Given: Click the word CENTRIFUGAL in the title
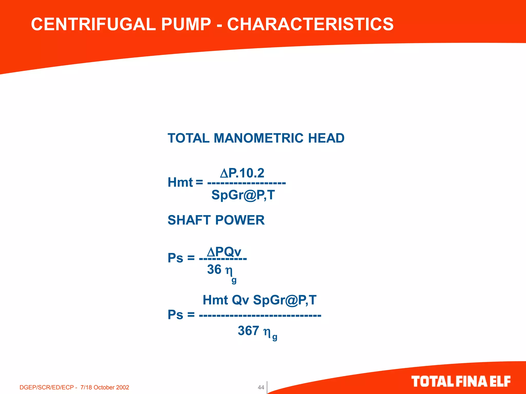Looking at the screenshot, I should click(93, 24).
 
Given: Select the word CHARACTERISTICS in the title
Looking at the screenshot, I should click(310, 24).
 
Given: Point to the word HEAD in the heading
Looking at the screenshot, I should click(326, 138).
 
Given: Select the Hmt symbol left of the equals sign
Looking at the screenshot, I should click(180, 182).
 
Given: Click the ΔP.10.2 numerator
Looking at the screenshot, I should click(242, 173).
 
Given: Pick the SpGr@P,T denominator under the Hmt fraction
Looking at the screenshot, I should click(243, 195).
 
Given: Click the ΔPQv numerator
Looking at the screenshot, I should click(224, 252).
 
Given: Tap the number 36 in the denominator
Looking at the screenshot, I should click(214, 269).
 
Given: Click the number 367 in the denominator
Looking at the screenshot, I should click(248, 330).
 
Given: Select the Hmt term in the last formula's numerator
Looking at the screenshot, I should click(215, 300).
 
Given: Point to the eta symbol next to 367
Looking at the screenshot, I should click(267, 332).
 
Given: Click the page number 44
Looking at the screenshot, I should click(261, 387).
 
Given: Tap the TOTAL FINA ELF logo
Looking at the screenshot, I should click(461, 381).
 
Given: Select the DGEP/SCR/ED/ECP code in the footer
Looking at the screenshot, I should click(46, 387).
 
